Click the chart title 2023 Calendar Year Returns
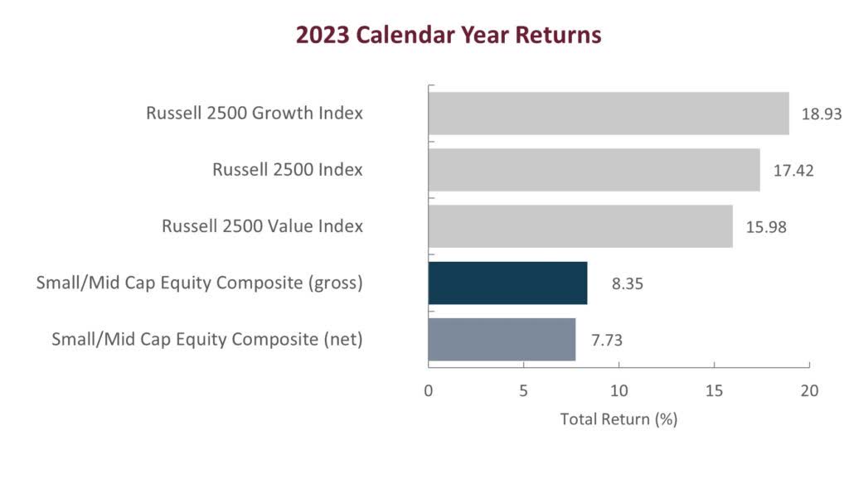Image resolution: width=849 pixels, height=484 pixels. pos(449,36)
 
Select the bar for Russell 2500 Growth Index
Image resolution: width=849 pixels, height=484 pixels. pos(608,114)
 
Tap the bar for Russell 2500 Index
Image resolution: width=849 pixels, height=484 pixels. pos(594,170)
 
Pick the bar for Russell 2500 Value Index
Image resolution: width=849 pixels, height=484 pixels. pos(580,226)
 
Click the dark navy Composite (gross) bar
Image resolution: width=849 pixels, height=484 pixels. pos(507,283)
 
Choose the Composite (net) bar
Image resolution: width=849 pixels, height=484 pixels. pos(502,339)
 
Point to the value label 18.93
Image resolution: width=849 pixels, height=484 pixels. pos(821,114)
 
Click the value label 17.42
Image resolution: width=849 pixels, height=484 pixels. pos(793,171)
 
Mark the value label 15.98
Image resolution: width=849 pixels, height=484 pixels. pos(765,227)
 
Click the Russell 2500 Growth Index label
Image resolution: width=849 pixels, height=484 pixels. pos(255,114)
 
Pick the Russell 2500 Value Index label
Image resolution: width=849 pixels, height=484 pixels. pos(262,226)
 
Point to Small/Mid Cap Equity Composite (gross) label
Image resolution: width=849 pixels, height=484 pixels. pos(200,283)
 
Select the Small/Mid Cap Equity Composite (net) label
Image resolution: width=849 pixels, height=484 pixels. pos(207,339)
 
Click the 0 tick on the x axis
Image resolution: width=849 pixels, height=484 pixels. pos(429,390)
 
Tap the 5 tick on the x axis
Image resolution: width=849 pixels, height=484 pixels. pos(523,390)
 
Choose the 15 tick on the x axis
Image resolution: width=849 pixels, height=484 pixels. pos(714,390)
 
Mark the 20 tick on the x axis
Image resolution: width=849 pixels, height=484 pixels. pos(809,390)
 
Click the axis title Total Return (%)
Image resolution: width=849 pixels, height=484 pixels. pos(619,419)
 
